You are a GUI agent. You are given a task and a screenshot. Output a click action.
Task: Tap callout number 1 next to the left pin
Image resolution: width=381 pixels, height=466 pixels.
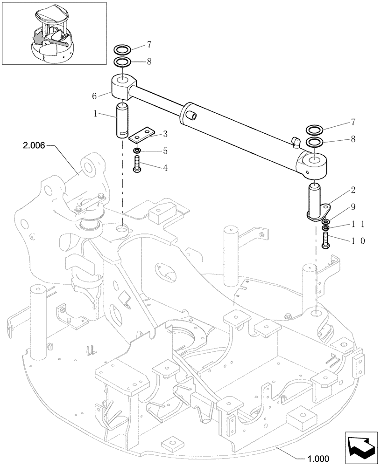(x=96, y=113)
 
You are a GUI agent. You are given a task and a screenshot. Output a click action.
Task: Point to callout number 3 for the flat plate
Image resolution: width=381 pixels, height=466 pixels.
(x=165, y=134)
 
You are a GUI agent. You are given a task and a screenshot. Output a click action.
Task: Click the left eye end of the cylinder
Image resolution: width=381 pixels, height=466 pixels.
(x=123, y=87)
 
